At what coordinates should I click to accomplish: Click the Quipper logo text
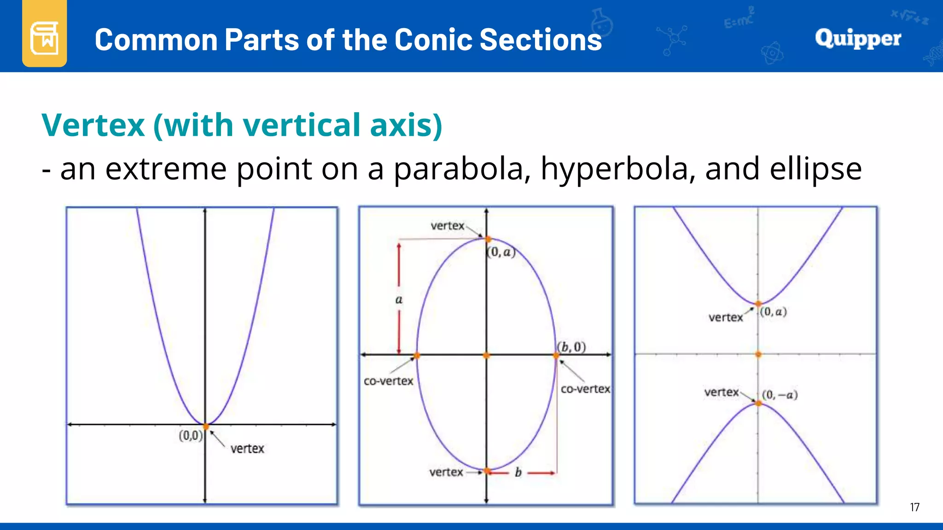(x=858, y=38)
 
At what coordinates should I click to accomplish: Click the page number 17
(x=914, y=507)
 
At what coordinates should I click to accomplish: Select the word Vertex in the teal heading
(x=93, y=125)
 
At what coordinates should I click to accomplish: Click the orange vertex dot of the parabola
(x=206, y=426)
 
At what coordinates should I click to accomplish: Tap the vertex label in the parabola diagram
(x=247, y=449)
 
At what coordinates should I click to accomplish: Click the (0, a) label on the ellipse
(x=501, y=252)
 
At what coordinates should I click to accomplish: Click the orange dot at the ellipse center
(x=486, y=355)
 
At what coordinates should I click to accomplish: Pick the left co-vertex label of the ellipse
(x=388, y=381)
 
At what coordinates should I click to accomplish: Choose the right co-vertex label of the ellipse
(x=585, y=389)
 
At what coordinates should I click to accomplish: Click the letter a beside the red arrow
(x=399, y=300)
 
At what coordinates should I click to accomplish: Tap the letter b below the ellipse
(x=518, y=472)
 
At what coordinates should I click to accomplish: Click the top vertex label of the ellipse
(x=448, y=226)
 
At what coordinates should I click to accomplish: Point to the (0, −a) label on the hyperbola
(x=780, y=395)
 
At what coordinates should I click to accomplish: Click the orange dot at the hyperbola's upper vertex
(x=758, y=304)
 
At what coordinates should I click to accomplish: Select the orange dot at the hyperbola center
(x=758, y=354)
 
